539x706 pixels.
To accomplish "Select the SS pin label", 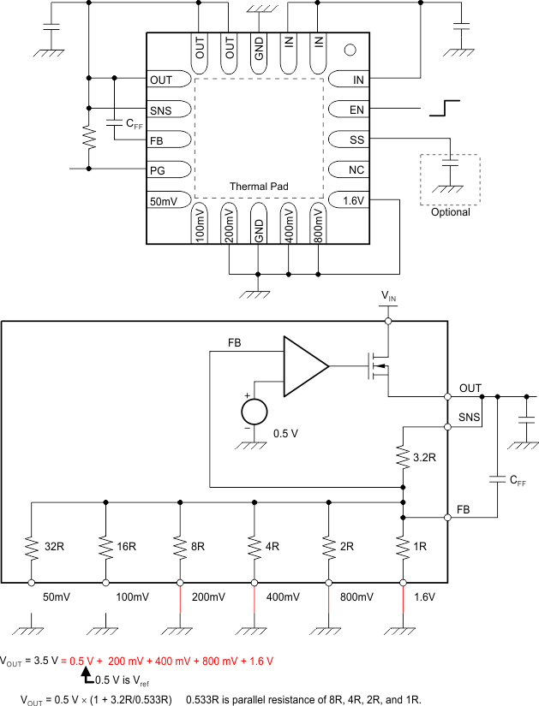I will (x=357, y=139).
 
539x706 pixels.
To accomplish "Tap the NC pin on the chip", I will (x=357, y=169).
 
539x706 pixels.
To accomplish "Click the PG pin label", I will (x=157, y=170).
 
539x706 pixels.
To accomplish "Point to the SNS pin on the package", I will (x=159, y=110).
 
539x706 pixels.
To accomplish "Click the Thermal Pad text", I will (x=259, y=186).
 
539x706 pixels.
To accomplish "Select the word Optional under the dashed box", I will (x=451, y=212).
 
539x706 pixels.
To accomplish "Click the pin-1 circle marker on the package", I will (x=349, y=50).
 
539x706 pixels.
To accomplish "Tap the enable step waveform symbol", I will (x=446, y=108).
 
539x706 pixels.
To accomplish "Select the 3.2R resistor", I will (x=403, y=457).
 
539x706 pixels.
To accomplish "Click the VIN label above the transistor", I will (x=388, y=296).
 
